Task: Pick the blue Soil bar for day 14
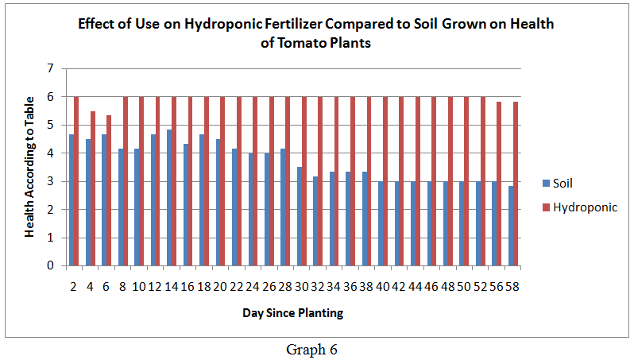pos(170,198)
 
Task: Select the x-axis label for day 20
pos(221,285)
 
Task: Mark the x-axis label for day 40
pos(383,285)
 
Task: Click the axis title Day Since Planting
pos(292,313)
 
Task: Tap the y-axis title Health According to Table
pos(29,167)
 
